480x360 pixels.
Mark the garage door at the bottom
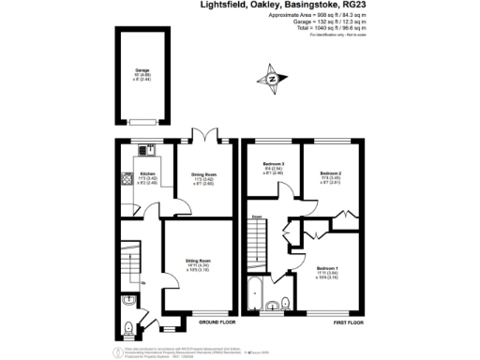coord(143,121)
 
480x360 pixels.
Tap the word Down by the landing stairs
coord(255,216)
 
